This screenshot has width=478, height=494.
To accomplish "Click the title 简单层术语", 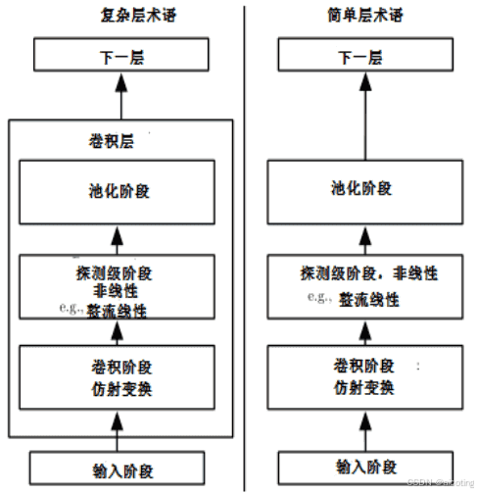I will [358, 14].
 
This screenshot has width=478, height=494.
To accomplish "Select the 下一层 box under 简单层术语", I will [358, 57].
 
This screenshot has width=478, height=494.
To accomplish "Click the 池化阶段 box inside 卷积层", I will [118, 188].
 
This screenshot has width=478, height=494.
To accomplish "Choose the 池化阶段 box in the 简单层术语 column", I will [358, 188].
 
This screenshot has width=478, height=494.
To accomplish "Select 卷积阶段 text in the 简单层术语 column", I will [358, 367].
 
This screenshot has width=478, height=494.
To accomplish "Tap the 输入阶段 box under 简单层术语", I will [358, 465].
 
